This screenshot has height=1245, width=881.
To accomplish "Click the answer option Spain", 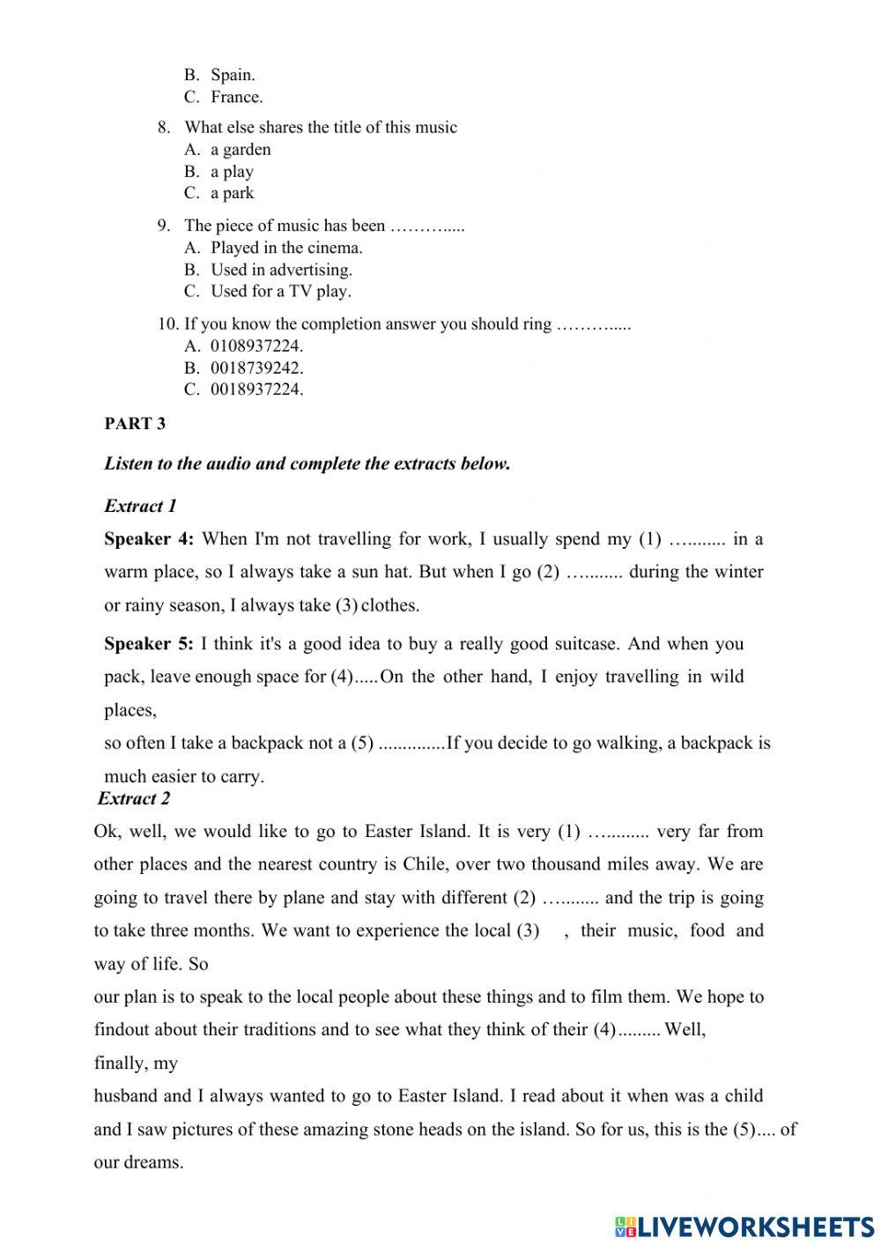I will (x=233, y=76).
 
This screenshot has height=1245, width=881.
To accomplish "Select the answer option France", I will (x=236, y=98).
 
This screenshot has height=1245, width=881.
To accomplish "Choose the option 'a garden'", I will (x=241, y=150).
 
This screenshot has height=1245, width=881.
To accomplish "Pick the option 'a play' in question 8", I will (x=232, y=172).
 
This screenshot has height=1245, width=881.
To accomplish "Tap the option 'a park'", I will (x=232, y=193).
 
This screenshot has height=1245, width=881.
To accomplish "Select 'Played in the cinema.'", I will (x=286, y=248).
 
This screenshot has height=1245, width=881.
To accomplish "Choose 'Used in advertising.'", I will (x=281, y=270).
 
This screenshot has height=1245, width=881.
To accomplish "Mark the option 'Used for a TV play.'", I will (x=280, y=292).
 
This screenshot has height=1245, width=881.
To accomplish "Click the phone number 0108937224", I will (x=256, y=346).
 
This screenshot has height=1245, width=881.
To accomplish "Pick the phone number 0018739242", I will (x=256, y=368).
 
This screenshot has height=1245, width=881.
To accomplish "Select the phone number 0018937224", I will (x=256, y=389).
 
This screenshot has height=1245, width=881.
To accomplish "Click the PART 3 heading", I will (x=135, y=424).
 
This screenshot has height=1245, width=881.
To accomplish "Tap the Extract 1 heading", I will (x=140, y=506).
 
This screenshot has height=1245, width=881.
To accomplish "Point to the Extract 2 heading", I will (x=134, y=799).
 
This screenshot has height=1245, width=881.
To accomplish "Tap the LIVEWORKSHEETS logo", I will (x=744, y=1226).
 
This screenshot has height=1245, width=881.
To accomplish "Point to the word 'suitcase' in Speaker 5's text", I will (x=587, y=644).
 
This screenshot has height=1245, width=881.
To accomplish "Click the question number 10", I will (x=168, y=324).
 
